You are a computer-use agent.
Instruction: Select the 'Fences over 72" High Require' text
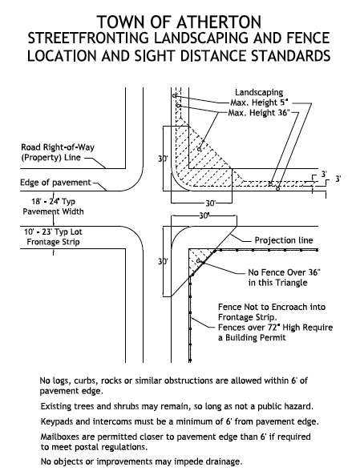coord(275,328)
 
